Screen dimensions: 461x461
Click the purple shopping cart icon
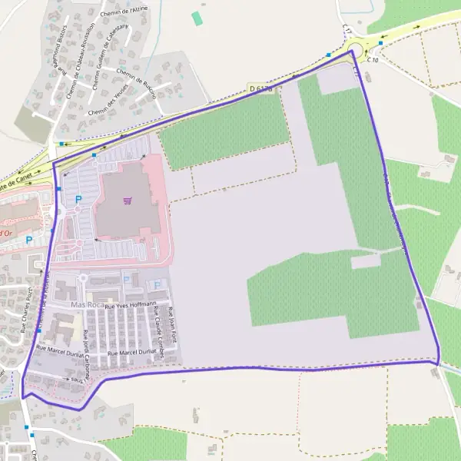[x=127, y=201]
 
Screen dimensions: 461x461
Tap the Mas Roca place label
[x=87, y=305]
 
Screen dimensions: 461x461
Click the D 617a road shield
[x=261, y=90]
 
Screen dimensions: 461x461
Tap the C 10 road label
[x=373, y=59]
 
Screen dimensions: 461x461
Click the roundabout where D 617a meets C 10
[x=356, y=51]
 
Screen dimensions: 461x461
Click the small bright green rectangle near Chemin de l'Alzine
[x=197, y=18]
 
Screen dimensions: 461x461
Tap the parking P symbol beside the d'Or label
[x=29, y=240]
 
